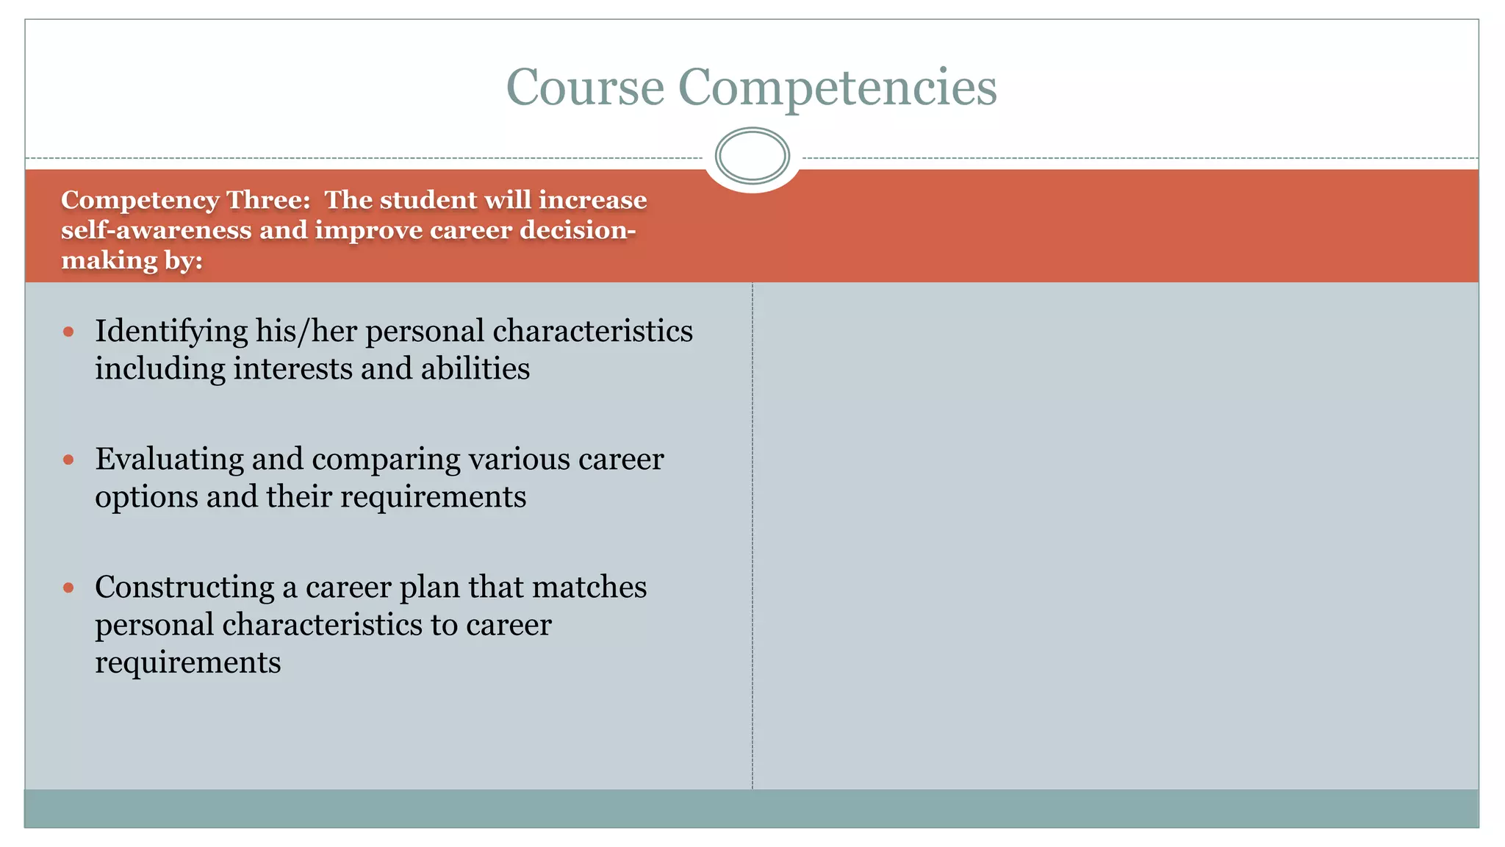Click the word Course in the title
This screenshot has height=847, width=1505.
click(x=585, y=87)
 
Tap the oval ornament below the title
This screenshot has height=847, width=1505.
click(x=752, y=156)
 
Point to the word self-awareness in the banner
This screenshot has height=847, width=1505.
click(x=157, y=230)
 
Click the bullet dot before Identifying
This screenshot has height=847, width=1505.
click(x=69, y=332)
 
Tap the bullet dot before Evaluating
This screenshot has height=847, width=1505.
click(x=69, y=460)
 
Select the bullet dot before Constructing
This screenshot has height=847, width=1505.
click(x=69, y=587)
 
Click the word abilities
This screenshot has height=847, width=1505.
click(x=475, y=368)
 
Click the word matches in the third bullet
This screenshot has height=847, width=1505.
click(x=589, y=587)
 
